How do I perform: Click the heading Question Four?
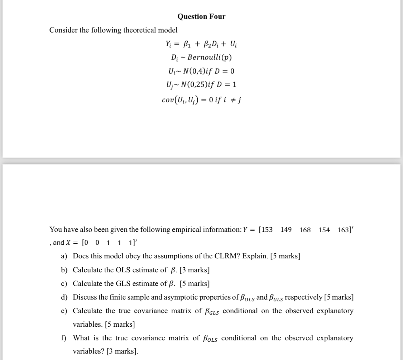(201, 16)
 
